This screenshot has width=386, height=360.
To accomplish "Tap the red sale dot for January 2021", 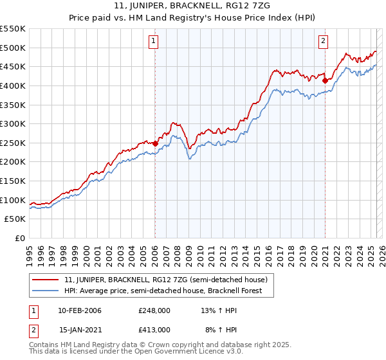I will pos(325,80).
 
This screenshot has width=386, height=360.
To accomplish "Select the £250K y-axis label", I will pos(14,143).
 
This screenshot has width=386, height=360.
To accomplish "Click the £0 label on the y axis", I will pos(19,238).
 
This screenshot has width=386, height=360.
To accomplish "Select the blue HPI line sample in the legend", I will pos(46,291).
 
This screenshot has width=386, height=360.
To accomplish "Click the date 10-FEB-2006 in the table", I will pos(80,311).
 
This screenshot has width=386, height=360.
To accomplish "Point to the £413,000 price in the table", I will pos(154,329).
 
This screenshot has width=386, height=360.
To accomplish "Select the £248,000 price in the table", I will pos(154,311).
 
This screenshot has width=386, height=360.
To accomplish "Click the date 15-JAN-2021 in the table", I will pos(80,329).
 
